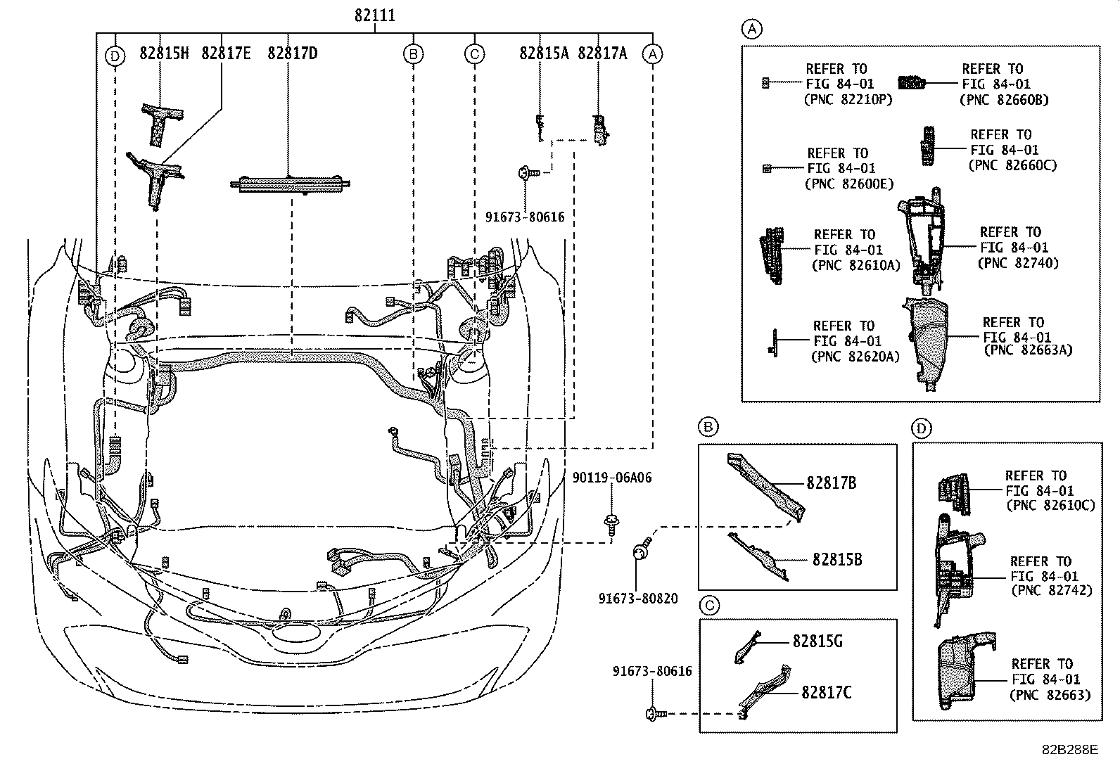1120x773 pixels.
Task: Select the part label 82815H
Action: pyautogui.click(x=164, y=53)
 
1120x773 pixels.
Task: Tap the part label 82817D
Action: pyautogui.click(x=293, y=53)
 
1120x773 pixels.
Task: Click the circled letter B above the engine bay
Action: pyautogui.click(x=414, y=53)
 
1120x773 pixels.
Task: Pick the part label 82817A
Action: pyautogui.click(x=602, y=53)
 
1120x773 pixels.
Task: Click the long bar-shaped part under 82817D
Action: pyautogui.click(x=291, y=184)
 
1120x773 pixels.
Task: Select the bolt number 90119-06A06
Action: pyautogui.click(x=611, y=478)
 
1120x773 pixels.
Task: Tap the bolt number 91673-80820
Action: pyautogui.click(x=638, y=599)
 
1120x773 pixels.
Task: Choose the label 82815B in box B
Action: pyautogui.click(x=836, y=560)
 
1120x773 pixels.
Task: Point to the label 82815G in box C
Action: pyautogui.click(x=817, y=641)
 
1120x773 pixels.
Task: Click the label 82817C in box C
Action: pyautogui.click(x=826, y=693)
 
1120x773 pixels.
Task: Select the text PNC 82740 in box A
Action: pyautogui.click(x=1017, y=263)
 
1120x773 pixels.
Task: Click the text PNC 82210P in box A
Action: pyautogui.click(x=847, y=99)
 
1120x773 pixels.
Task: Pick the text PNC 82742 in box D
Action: pyautogui.click(x=1051, y=591)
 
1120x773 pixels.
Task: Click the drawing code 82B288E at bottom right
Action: pyautogui.click(x=1069, y=750)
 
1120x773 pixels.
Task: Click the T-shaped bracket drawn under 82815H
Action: pyautogui.click(x=161, y=121)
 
